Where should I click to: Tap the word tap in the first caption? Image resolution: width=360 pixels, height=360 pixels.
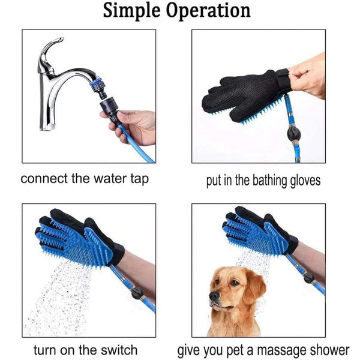click(x=136, y=179)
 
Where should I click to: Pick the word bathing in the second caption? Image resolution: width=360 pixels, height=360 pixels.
click(x=258, y=180)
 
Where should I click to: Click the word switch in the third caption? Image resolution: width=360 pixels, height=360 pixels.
click(x=119, y=349)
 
